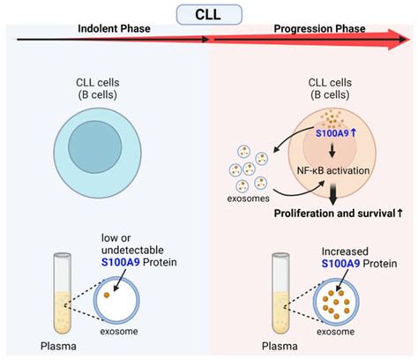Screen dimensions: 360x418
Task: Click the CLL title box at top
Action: pyautogui.click(x=209, y=13)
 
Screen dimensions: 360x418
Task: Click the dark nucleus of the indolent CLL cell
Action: pyautogui.click(x=105, y=142)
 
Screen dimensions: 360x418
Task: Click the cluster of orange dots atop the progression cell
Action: pyautogui.click(x=335, y=116)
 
